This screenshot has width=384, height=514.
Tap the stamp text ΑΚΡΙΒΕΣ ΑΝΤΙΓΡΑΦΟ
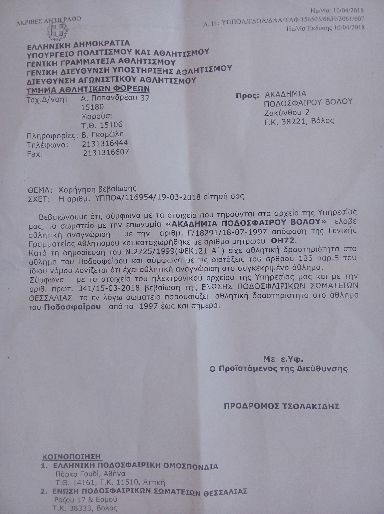(x=48, y=21)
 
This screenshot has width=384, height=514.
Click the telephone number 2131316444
(x=105, y=143)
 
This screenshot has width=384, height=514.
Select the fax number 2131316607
(x=106, y=153)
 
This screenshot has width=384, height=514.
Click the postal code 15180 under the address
(x=92, y=107)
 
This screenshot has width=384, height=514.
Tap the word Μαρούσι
(x=97, y=116)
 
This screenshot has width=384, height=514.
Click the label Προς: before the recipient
(x=248, y=95)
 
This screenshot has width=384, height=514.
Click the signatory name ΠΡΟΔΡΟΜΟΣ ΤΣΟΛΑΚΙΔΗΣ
(x=282, y=406)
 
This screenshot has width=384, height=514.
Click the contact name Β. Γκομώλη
(x=102, y=134)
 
